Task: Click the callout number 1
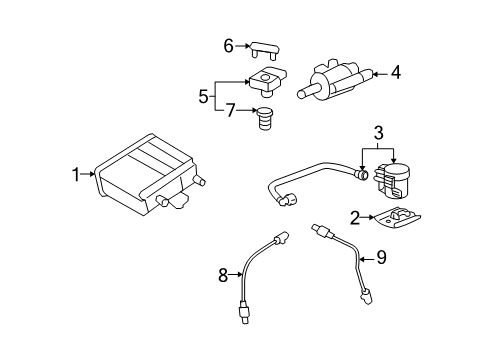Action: coord(75,175)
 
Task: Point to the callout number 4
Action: coord(395,72)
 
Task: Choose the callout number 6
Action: coord(228,45)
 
